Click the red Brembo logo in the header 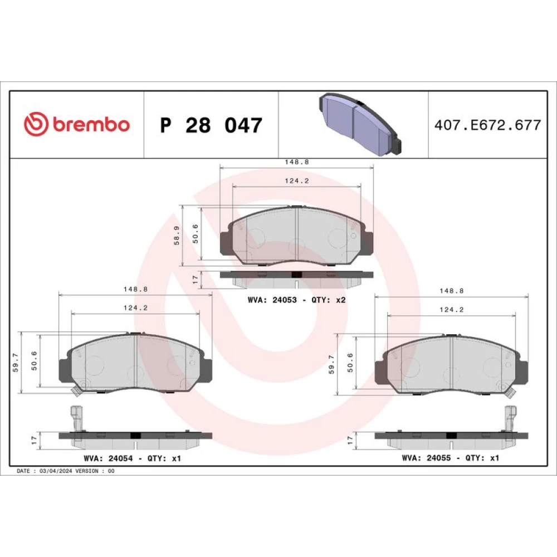point(77,124)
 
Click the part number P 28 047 point(211,125)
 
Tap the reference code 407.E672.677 point(488,125)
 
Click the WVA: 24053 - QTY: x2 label point(297,300)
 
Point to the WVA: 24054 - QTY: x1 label point(133,458)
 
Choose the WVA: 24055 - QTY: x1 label point(451,458)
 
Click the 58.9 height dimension point(177,236)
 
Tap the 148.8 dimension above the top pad point(297,162)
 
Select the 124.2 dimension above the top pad point(297,181)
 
